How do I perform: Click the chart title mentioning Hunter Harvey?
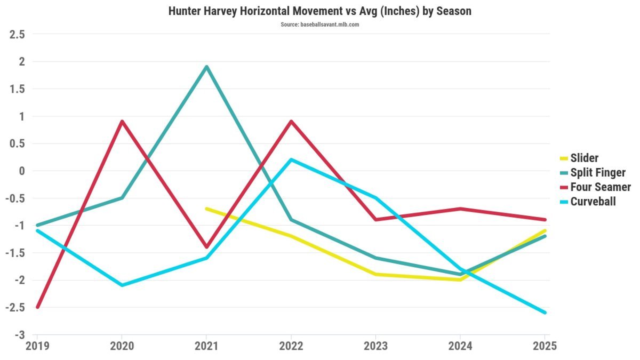point(319,11)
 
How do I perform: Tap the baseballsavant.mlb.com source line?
point(319,25)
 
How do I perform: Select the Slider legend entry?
point(585,158)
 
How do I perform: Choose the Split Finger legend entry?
point(598,172)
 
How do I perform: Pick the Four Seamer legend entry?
point(601,187)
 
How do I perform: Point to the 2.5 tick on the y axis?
point(18,35)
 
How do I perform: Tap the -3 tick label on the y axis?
point(20,335)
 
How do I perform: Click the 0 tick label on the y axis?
point(22,171)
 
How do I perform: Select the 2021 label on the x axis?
point(206,346)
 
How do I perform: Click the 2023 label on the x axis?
point(376,346)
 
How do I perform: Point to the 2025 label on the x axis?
point(544,346)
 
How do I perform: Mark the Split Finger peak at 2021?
point(206,67)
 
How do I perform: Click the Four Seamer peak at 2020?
point(122,122)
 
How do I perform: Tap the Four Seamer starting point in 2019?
point(37,307)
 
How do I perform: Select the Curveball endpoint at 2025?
point(545,313)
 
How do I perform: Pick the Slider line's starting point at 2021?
point(206,209)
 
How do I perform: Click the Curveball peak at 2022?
point(291,159)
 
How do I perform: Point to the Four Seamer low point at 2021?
point(206,247)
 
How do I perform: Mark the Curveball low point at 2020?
point(122,285)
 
